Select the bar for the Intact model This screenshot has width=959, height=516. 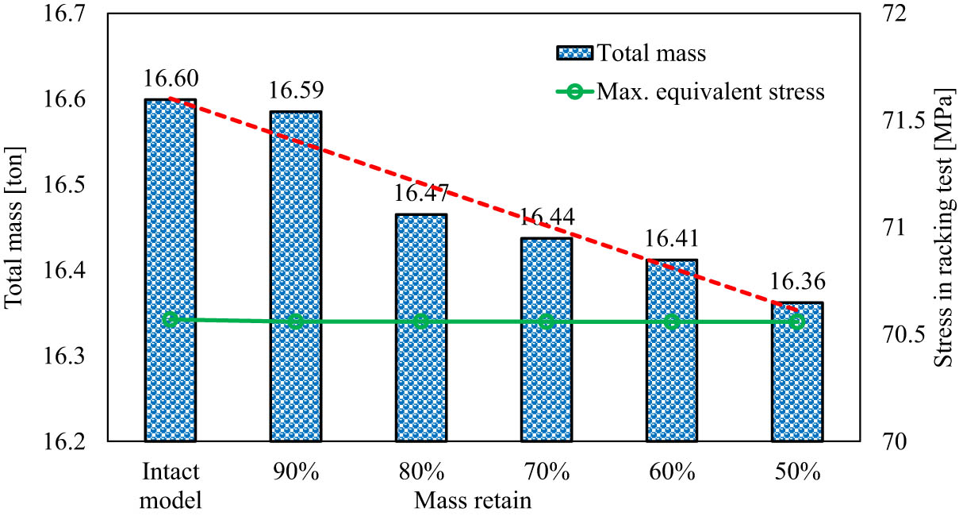170,270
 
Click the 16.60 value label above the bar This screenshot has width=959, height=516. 170,79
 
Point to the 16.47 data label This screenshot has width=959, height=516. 420,194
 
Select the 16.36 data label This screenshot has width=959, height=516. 797,282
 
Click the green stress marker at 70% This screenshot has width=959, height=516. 546,322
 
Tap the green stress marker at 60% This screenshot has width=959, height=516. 672,322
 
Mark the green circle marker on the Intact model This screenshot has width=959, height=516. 170,319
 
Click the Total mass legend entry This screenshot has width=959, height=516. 631,54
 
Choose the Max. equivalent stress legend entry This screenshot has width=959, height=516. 690,92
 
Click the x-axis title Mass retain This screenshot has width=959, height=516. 471,500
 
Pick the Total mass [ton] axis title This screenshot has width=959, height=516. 14,228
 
